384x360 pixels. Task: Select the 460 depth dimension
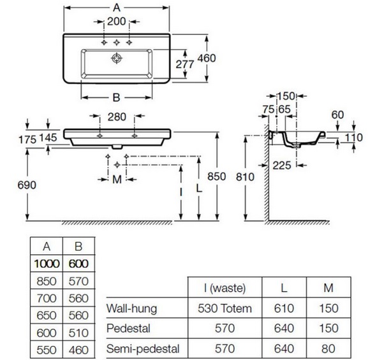[x=207, y=58]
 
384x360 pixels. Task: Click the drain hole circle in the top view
[x=116, y=58]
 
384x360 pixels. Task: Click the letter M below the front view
[x=116, y=180]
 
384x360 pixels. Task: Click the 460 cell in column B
[x=77, y=350]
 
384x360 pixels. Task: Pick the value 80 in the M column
[x=329, y=349]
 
